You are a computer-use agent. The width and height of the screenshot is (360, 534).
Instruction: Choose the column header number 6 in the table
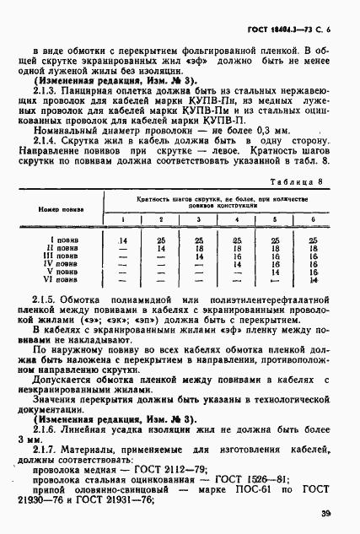pos(313,244)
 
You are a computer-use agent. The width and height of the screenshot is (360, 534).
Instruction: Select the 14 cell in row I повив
pos(123,264)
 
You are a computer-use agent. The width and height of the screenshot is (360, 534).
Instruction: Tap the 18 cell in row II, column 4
pos(237,272)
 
